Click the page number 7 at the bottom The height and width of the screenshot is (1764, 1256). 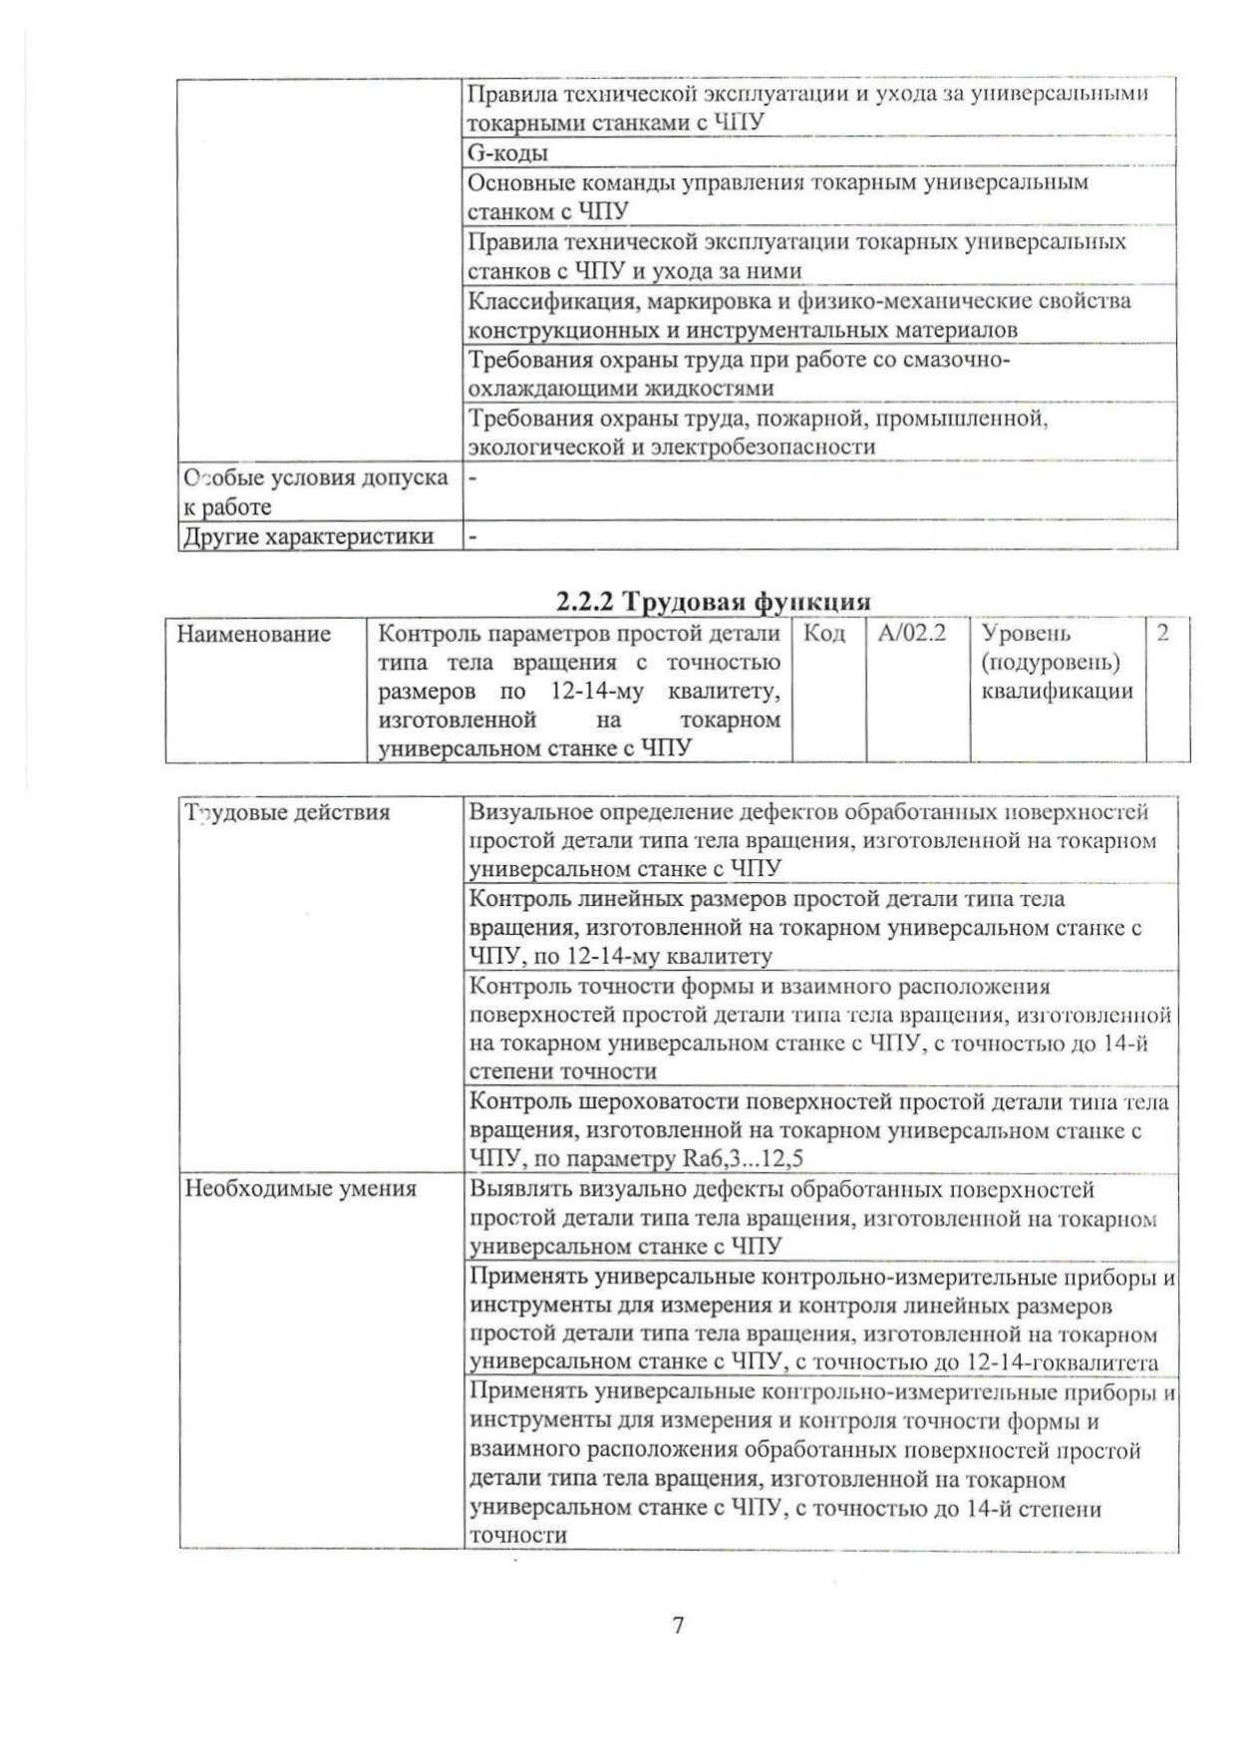(678, 1625)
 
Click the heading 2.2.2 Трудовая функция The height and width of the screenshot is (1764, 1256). (713, 601)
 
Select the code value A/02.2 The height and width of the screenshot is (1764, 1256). (912, 633)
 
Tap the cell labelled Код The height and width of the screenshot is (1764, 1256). (824, 633)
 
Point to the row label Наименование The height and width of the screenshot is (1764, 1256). (254, 634)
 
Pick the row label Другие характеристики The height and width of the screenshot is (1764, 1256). (308, 536)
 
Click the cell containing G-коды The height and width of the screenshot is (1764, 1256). (507, 153)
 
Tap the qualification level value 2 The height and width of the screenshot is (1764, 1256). (1162, 633)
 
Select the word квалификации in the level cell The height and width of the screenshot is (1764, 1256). (1058, 691)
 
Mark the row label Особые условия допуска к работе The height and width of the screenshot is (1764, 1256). (314, 491)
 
